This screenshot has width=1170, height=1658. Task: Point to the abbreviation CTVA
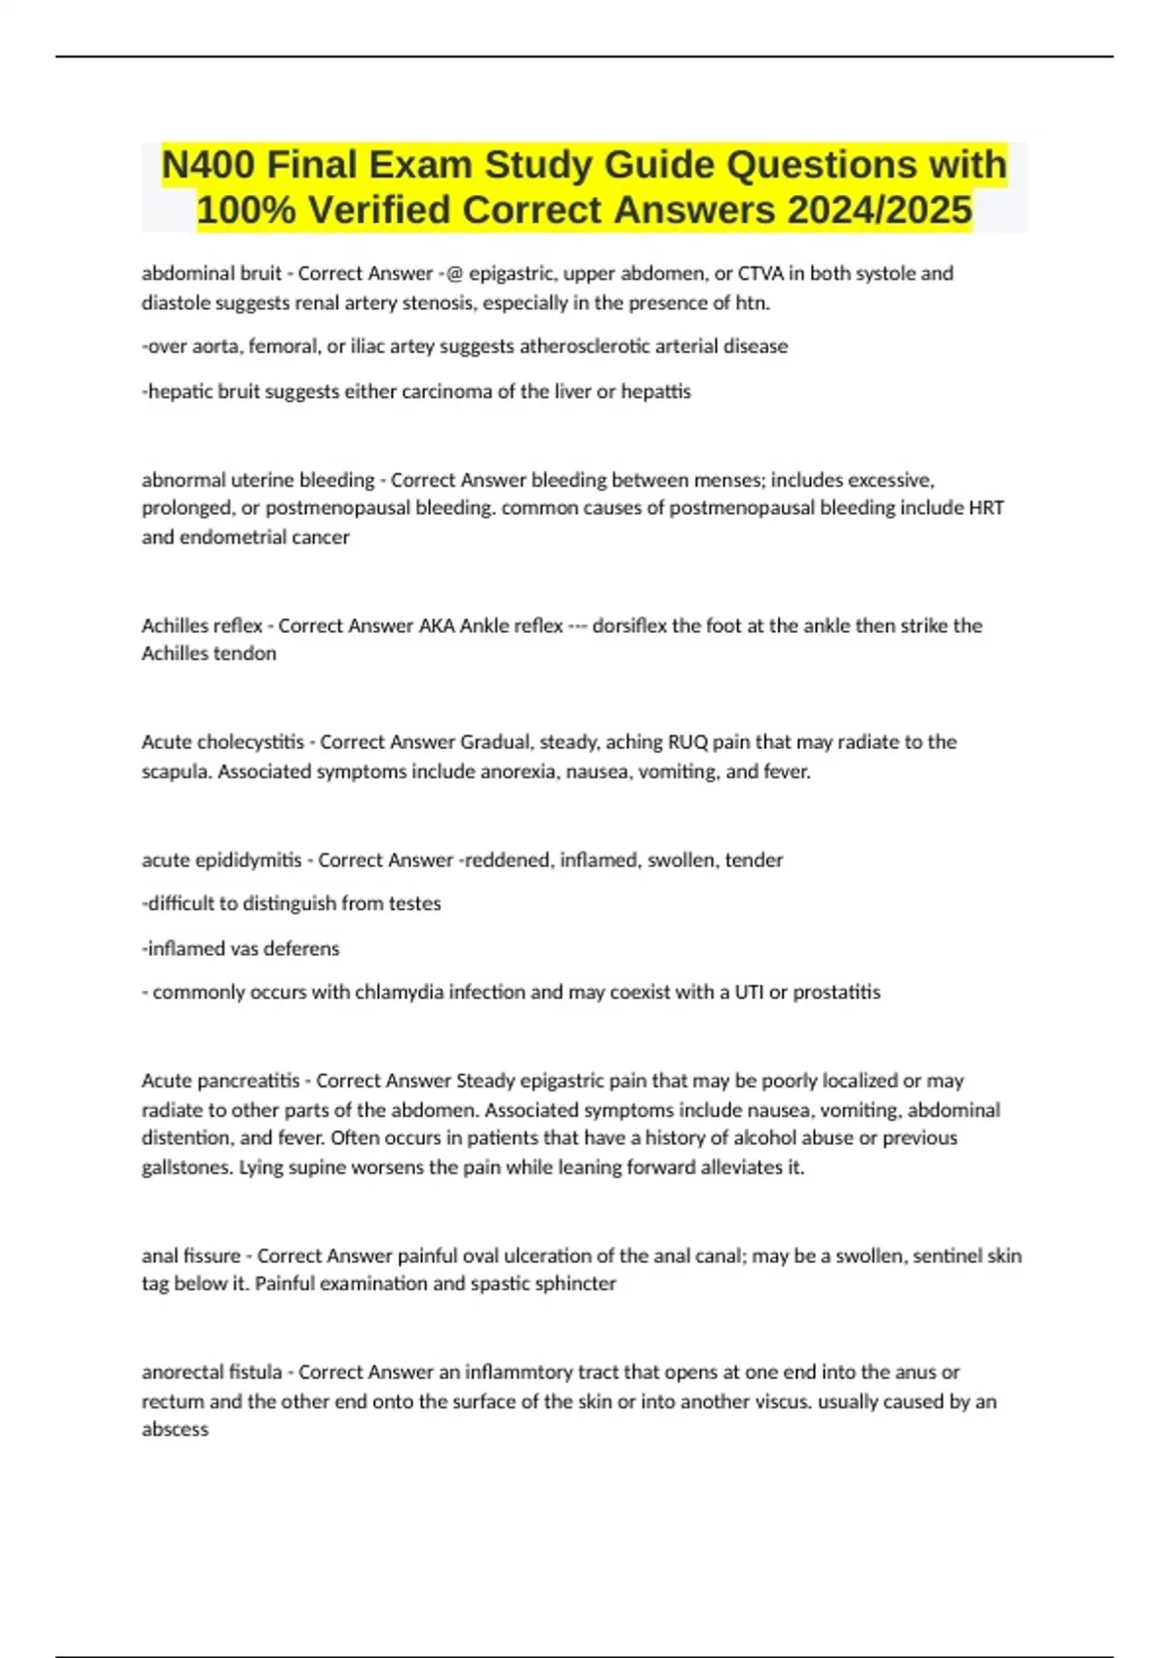(761, 274)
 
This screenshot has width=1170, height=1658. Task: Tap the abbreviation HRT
(986, 508)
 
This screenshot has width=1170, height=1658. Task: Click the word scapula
(176, 771)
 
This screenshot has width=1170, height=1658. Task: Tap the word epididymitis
(249, 860)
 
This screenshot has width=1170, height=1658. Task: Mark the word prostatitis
(837, 992)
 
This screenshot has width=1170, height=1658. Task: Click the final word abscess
(175, 1430)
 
